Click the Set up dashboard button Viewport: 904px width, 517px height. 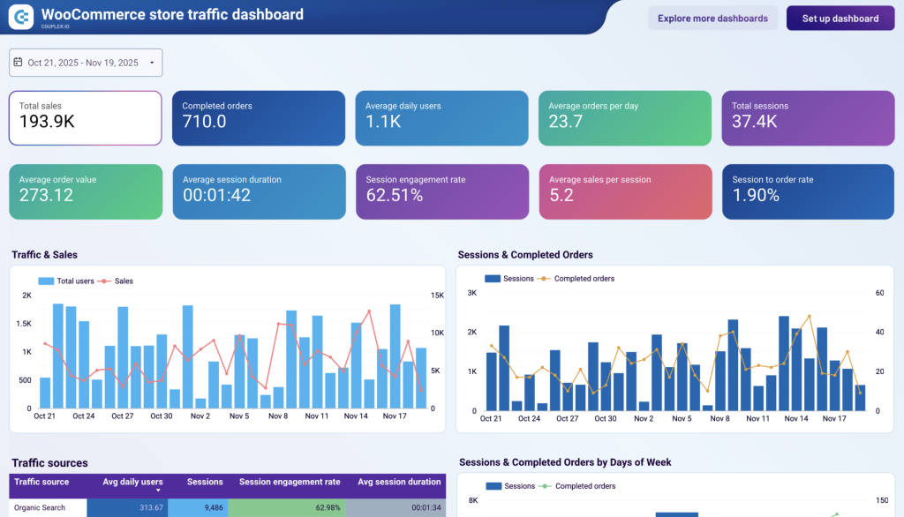coord(840,19)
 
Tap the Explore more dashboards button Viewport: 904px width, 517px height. coord(712,19)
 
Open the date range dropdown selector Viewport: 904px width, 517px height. coord(86,63)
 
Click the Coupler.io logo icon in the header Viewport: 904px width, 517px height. coord(21,15)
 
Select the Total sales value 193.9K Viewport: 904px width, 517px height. coord(47,123)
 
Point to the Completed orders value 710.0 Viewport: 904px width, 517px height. coord(205,122)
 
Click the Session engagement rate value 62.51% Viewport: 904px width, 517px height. coord(395,195)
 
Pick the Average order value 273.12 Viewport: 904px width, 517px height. coord(46,195)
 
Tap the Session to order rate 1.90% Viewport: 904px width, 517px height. coord(756,195)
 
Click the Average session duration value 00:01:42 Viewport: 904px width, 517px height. coord(216,195)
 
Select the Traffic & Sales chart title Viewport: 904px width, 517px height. coord(45,255)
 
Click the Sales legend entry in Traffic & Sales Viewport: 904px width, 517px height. coord(123,281)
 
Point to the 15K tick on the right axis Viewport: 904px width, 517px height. coord(437,296)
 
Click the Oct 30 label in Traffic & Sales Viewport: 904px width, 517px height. coord(161,416)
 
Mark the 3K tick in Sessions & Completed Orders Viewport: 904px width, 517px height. coord(471,293)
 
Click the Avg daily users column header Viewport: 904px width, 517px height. coord(132,483)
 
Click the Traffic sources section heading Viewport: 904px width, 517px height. coord(50,463)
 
